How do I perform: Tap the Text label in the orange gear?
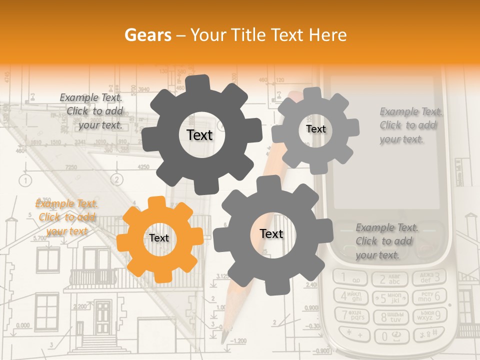[x=159, y=238]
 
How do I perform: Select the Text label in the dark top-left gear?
[x=199, y=135]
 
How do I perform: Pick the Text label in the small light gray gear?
[x=315, y=129]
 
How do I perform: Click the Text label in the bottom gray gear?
[x=271, y=234]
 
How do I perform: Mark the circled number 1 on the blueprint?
[x=25, y=179]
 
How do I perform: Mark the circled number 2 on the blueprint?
[x=116, y=179]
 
